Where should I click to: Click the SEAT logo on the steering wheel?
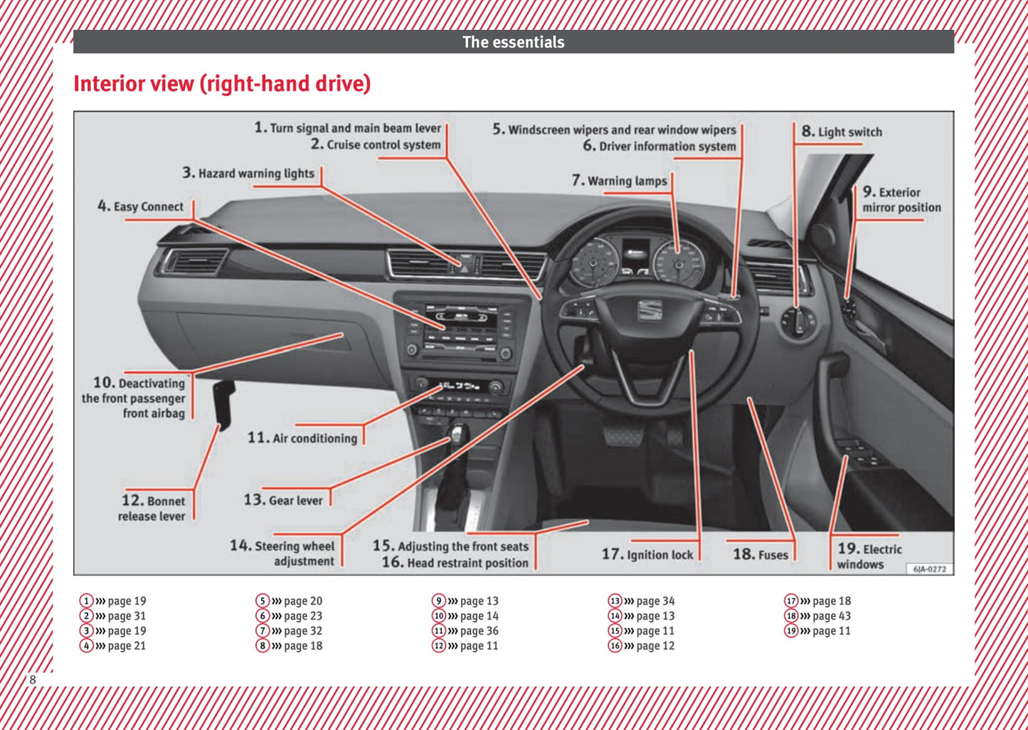click(x=650, y=310)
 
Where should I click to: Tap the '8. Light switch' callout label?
click(x=842, y=132)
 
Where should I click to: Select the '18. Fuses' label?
click(x=761, y=554)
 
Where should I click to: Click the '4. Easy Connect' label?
click(x=141, y=206)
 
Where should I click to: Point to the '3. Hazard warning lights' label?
click(x=248, y=173)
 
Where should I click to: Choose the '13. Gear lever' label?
click(x=283, y=500)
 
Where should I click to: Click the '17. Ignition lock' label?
click(x=647, y=554)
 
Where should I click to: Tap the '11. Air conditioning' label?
click(x=302, y=438)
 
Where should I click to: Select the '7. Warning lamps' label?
click(x=620, y=181)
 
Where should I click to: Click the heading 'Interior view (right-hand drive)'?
click(x=222, y=84)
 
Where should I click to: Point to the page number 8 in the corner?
click(x=32, y=679)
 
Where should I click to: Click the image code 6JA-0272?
click(x=929, y=568)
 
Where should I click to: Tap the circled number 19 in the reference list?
click(x=791, y=631)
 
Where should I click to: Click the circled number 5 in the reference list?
click(x=263, y=601)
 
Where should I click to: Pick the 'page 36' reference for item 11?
click(x=479, y=631)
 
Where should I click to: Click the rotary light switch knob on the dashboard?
click(x=798, y=322)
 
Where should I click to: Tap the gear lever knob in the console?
click(x=457, y=433)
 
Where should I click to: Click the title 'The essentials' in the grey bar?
click(x=514, y=42)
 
